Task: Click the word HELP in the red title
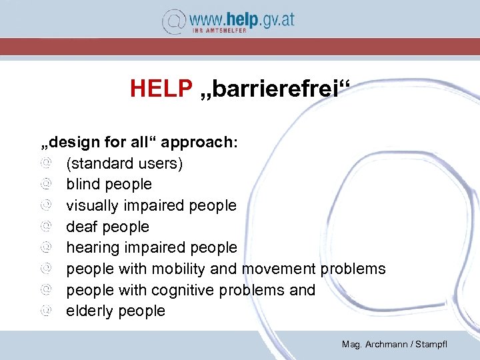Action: click(161, 88)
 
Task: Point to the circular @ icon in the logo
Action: click(174, 21)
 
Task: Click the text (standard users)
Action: click(124, 163)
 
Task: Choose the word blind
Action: click(83, 184)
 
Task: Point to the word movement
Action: click(279, 269)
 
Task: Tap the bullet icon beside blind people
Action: click(45, 184)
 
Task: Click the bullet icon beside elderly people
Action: click(45, 311)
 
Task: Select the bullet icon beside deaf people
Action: click(45, 227)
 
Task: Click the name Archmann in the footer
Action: click(388, 344)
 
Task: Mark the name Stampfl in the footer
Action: click(431, 344)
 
